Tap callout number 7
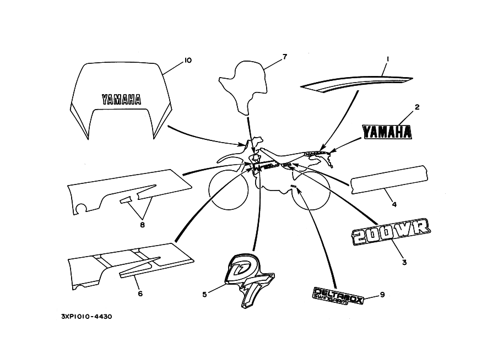point(285,56)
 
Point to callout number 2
point(417,107)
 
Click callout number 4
point(394,204)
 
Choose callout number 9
point(382,295)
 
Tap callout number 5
point(204,295)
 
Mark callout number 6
point(140,294)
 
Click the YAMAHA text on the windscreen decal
point(121,99)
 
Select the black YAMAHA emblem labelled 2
point(387,132)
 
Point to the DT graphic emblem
point(251,279)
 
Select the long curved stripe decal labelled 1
point(358,82)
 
